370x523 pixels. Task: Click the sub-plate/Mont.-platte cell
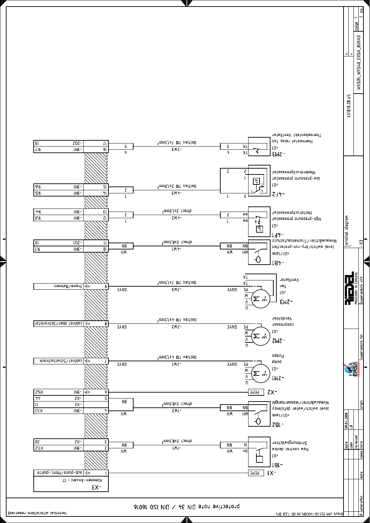pos(59,473)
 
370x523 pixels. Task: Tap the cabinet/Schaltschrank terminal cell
pos(59,361)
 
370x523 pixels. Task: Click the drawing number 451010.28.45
pos(349,106)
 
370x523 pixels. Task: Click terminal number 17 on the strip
pos(106,143)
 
